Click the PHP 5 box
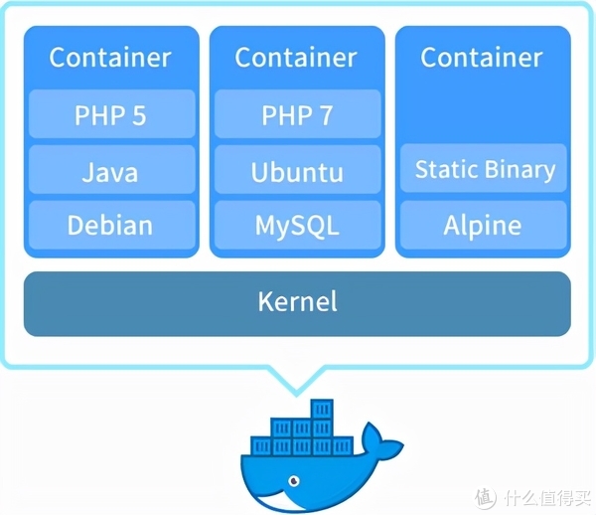click(x=110, y=115)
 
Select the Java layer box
click(x=110, y=171)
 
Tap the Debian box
click(x=110, y=225)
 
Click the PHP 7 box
click(x=297, y=115)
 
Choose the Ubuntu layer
click(x=297, y=171)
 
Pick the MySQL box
click(x=297, y=225)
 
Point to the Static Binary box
click(x=484, y=168)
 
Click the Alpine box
click(x=484, y=225)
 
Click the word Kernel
click(x=297, y=301)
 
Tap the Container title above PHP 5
click(x=110, y=58)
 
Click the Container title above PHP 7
click(x=297, y=58)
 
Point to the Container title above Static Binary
click(x=484, y=58)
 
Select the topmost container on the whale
click(x=320, y=409)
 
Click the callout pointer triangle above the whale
click(x=297, y=376)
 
